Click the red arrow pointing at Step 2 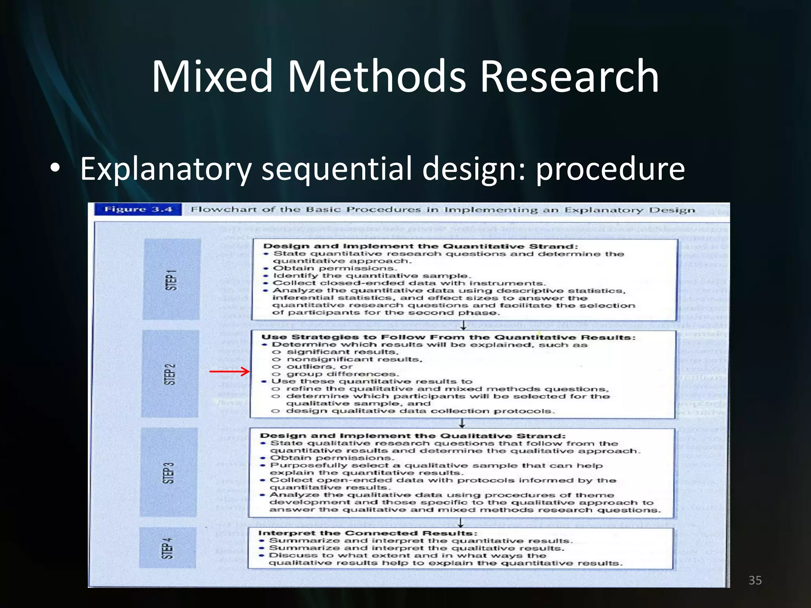(x=230, y=371)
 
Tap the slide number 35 (x=755, y=580)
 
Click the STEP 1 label (x=171, y=279)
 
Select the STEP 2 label (x=169, y=374)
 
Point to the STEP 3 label (x=169, y=473)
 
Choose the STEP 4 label (x=168, y=548)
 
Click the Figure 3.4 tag (x=138, y=209)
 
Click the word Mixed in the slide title (x=212, y=76)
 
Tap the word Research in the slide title (x=569, y=76)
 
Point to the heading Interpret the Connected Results (x=368, y=533)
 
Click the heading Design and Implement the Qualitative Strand (x=413, y=436)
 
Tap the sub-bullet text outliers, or (x=319, y=367)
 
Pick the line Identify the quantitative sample (x=371, y=275)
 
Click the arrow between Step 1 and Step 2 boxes (x=463, y=326)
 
